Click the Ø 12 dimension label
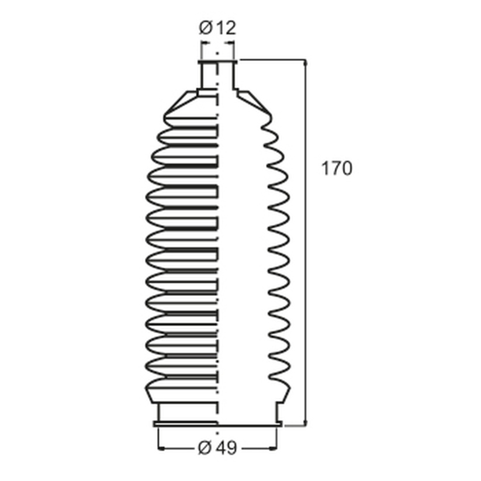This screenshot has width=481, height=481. click(217, 28)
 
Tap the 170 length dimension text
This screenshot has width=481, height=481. click(337, 168)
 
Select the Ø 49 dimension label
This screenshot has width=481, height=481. click(217, 448)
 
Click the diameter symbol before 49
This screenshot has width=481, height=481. click(205, 448)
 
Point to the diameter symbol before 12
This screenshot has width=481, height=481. click(206, 28)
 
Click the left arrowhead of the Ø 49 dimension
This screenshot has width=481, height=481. click(161, 448)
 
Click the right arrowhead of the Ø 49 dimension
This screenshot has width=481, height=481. click(273, 448)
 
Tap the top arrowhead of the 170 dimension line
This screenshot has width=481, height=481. click(305, 63)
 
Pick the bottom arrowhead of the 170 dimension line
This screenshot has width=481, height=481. click(305, 422)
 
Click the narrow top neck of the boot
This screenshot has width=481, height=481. click(217, 75)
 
